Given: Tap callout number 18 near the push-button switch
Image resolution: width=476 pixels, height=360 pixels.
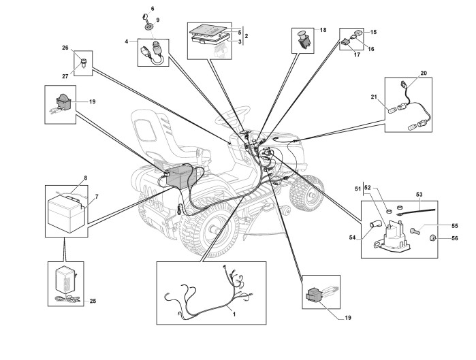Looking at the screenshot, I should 323,31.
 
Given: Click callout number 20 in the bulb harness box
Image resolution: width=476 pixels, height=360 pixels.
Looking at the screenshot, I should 423,72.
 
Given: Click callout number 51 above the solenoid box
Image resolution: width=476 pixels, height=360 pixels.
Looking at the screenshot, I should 358,187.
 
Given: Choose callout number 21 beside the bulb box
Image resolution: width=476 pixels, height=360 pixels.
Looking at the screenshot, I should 374,97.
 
